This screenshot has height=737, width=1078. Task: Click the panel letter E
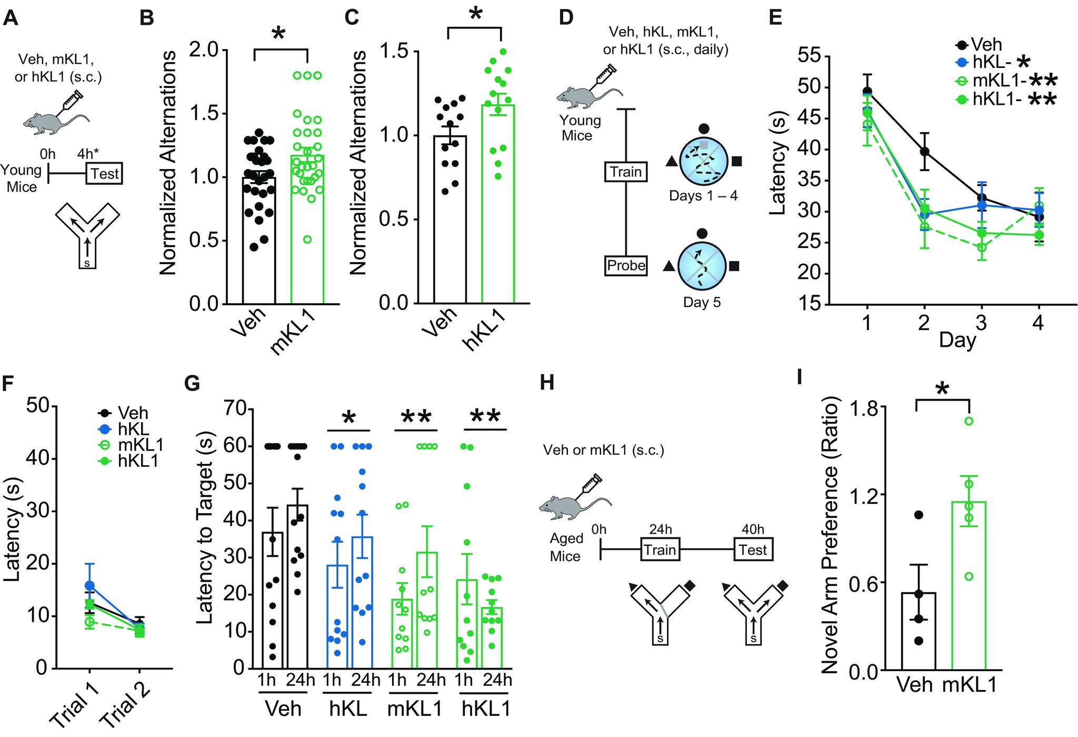coord(775,18)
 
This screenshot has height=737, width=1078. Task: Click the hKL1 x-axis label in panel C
coord(484,329)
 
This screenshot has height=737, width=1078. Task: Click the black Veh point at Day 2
coord(924,152)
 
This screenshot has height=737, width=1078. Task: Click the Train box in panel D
coord(626,172)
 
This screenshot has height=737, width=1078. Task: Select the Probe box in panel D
coord(626,265)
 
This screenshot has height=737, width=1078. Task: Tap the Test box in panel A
coord(104,173)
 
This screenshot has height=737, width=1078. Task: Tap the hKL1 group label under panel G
coord(486,709)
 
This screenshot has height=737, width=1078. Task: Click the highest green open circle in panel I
coord(969,421)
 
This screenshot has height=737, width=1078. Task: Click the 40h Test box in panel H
coord(753,550)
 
